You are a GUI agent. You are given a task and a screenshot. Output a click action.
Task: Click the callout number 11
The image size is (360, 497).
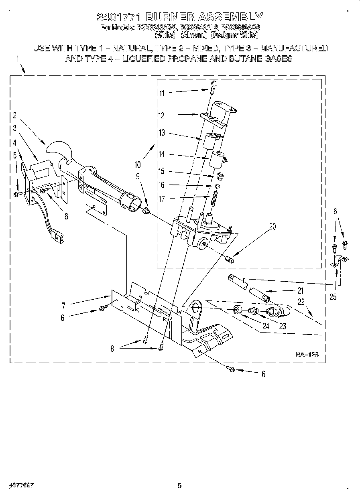coord(162,93)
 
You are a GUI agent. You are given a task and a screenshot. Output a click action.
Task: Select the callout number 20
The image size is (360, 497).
coord(273,226)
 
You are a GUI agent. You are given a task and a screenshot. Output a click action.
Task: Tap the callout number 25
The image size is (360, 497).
coord(333,297)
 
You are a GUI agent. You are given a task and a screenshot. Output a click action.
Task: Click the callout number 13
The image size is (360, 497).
coord(161,133)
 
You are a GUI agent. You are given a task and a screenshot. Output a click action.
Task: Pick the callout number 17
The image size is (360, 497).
coord(161,198)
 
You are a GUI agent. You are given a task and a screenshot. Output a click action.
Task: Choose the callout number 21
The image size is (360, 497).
coord(300,291)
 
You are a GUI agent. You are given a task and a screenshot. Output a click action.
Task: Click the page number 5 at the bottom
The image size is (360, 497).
coord(180,486)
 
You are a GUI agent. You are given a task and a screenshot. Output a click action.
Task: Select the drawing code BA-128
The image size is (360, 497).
coord(307,354)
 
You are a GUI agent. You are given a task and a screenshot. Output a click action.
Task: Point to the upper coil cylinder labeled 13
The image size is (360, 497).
coord(209,142)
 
